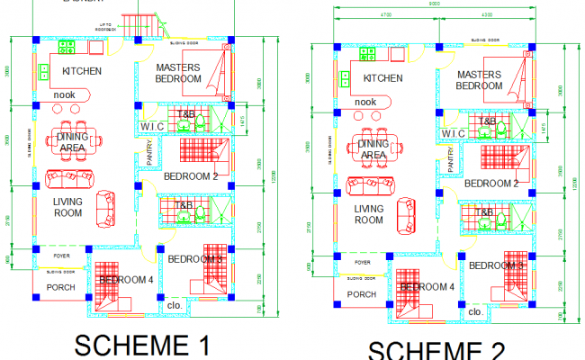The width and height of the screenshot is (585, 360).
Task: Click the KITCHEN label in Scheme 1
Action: (81, 71)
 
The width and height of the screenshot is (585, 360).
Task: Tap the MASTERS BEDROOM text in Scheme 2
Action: (479, 80)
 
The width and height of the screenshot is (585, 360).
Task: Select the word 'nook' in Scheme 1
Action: (64, 94)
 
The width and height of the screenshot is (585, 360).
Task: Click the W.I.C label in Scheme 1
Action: (149, 127)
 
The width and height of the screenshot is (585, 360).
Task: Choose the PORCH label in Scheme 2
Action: (361, 294)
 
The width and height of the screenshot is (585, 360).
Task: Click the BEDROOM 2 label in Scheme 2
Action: (491, 183)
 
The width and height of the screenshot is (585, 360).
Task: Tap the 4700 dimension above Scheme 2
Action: (385, 15)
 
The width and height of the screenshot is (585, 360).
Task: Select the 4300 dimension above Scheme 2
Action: (486, 15)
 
